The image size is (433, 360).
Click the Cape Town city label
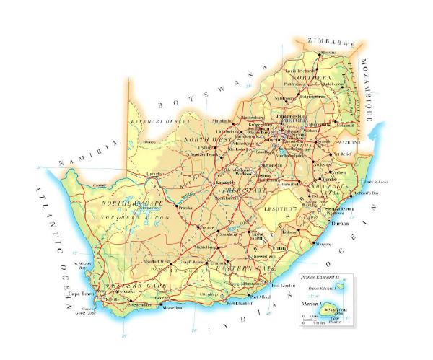[x=82, y=294]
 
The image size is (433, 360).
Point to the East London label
[x=289, y=286]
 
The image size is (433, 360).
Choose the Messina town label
[x=329, y=53]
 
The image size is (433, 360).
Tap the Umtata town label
[x=281, y=248]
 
